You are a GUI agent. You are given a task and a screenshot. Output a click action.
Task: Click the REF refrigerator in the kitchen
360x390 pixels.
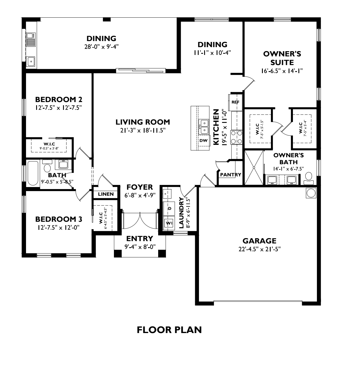click(235, 102)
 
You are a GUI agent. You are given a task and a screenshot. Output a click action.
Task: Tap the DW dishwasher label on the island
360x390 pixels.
click(203, 141)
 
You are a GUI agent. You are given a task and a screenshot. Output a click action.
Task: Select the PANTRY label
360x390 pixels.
click(230, 175)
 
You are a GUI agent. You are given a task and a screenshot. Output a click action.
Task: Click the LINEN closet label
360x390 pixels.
click(106, 194)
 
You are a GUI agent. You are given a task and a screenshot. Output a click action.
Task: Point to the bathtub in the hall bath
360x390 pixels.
click(33, 173)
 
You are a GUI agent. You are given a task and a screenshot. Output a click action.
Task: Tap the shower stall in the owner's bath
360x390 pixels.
click(254, 167)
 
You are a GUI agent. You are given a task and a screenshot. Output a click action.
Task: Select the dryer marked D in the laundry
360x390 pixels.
click(169, 208)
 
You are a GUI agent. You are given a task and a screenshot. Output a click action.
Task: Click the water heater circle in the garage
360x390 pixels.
click(311, 193)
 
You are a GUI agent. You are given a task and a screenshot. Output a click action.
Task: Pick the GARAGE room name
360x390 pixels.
click(259, 241)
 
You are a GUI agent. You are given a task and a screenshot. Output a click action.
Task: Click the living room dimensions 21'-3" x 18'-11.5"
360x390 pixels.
click(143, 130)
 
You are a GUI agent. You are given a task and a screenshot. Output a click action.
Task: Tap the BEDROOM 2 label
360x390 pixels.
click(59, 99)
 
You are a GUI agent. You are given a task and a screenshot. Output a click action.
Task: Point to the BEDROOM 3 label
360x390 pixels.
click(59, 219)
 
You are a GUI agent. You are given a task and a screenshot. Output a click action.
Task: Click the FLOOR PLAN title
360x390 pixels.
click(169, 330)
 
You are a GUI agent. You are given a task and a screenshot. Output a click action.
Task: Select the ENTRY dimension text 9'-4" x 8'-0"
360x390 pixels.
click(140, 247)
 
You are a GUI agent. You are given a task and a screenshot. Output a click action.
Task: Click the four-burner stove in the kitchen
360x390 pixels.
click(237, 137)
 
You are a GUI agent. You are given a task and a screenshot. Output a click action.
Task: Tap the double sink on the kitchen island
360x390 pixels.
click(204, 127)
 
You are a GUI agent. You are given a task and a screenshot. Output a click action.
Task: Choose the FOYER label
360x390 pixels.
click(140, 187)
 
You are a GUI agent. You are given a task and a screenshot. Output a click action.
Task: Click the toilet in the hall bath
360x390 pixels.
click(47, 166)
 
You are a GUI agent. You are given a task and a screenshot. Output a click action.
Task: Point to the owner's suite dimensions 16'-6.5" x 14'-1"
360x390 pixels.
click(282, 71)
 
